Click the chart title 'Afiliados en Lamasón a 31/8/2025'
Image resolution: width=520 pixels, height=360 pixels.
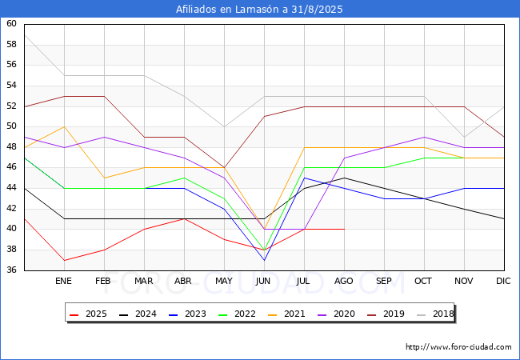(260, 9)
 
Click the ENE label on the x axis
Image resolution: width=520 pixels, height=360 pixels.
(64, 282)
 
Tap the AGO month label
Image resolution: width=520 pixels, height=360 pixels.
(344, 282)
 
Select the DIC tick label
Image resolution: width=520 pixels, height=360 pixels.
(503, 282)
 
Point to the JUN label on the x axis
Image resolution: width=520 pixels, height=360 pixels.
(264, 282)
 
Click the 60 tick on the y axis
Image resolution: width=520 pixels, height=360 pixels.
(11, 24)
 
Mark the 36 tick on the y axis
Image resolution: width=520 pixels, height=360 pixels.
(11, 270)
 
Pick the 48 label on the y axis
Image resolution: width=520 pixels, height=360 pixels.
(11, 147)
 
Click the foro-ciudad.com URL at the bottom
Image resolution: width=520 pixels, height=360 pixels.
(458, 347)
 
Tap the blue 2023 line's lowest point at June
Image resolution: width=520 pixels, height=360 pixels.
(264, 260)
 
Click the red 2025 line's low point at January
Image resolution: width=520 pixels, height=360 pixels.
(64, 260)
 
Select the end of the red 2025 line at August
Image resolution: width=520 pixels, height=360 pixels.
(344, 229)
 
